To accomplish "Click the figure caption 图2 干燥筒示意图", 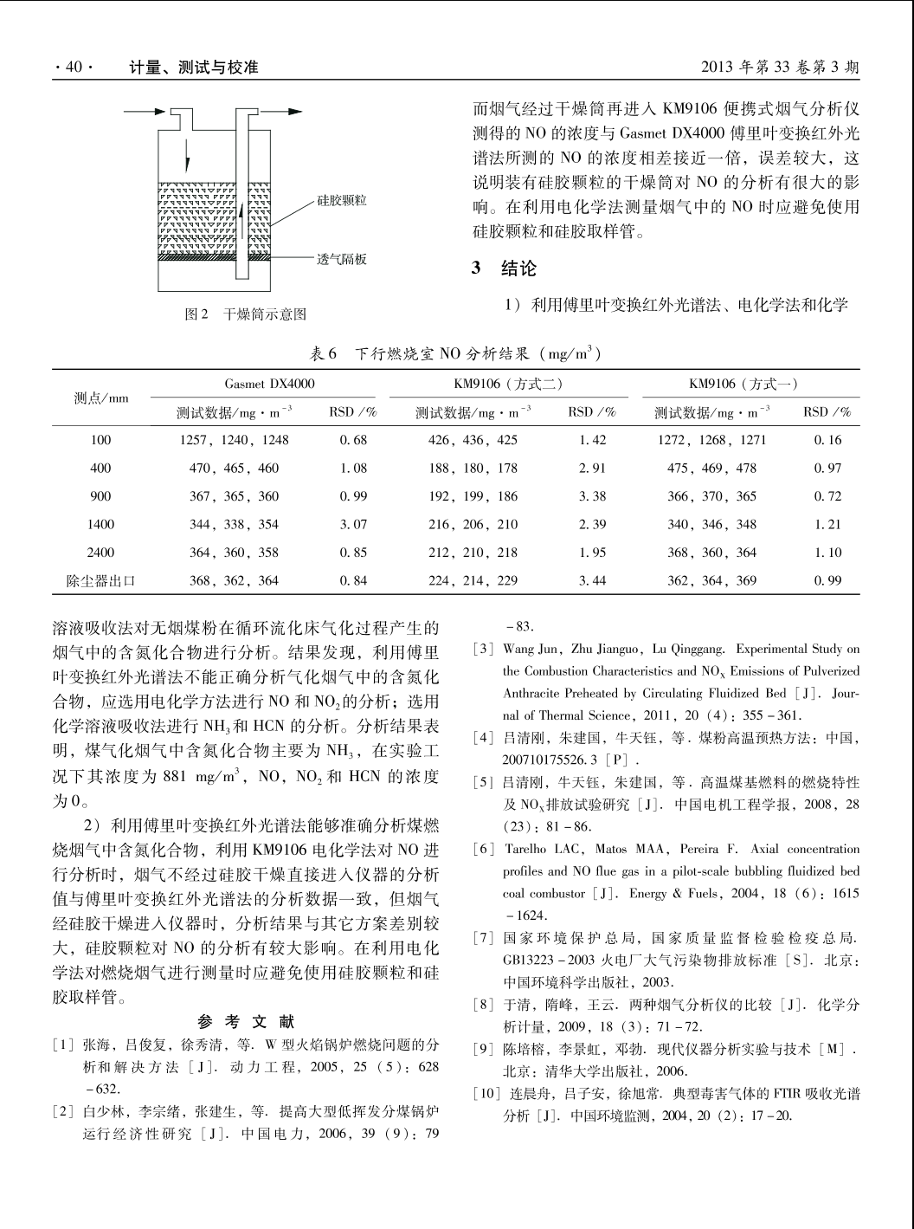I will click(247, 314).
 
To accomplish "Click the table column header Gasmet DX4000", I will click(269, 382).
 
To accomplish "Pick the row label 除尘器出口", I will click(100, 580).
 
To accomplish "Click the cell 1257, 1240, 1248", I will click(234, 440).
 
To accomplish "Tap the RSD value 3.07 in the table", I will click(354, 524).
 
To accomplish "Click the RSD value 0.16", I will click(827, 440).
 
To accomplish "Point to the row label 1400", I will click(100, 524).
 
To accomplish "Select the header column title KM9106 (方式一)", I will click(743, 382).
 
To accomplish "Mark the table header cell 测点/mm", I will click(100, 398).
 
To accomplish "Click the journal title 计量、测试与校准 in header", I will click(193, 67).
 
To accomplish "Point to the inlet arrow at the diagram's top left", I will click(143, 111).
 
